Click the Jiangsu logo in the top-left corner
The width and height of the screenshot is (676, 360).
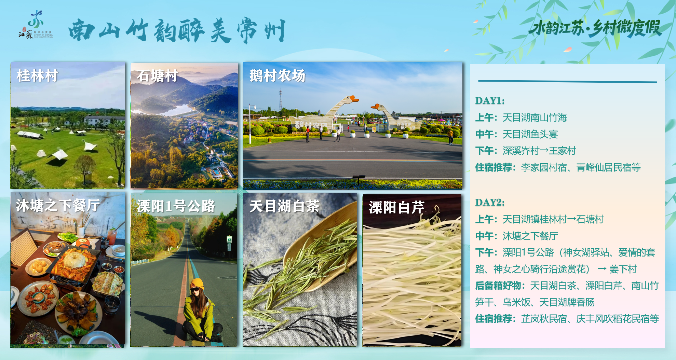(x=36, y=25)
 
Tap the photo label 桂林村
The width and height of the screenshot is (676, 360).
(x=37, y=75)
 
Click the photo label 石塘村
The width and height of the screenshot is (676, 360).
(x=157, y=75)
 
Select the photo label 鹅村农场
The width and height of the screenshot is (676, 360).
(x=277, y=75)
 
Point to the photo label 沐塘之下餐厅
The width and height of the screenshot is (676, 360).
(x=58, y=206)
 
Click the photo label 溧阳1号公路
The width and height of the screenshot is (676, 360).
(x=176, y=206)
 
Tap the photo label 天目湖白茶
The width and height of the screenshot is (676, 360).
(x=284, y=206)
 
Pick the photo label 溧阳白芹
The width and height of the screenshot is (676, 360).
(x=396, y=207)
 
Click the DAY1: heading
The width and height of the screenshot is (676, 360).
(x=490, y=100)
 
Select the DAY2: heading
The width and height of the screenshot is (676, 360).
(x=490, y=202)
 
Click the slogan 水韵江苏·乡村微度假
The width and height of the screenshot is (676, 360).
(x=595, y=28)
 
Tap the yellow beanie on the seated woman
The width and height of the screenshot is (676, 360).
(x=197, y=284)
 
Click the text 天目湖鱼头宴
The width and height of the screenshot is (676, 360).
(x=530, y=134)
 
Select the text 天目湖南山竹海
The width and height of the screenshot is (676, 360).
(x=535, y=117)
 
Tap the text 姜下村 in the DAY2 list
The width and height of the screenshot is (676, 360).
(x=623, y=269)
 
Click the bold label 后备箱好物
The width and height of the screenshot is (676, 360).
(x=498, y=286)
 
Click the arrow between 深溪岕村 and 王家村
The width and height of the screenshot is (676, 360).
(x=544, y=151)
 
